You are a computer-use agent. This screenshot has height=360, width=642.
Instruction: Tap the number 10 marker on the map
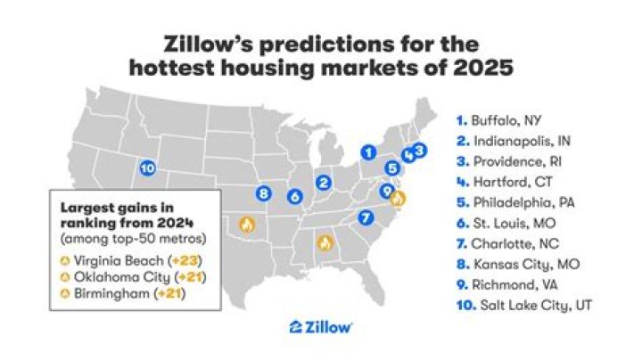point(148,167)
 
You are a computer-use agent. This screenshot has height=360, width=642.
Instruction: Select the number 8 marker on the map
point(263,192)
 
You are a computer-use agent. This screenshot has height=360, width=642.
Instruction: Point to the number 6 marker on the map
point(294,196)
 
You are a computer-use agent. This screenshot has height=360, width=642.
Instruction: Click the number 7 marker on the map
point(365,217)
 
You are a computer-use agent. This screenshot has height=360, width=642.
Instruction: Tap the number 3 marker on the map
point(420,151)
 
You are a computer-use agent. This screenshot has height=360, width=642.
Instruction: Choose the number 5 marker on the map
point(391,167)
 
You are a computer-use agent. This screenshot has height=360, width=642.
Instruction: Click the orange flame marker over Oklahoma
point(247,225)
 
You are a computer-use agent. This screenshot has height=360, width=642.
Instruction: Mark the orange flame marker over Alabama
point(327,241)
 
